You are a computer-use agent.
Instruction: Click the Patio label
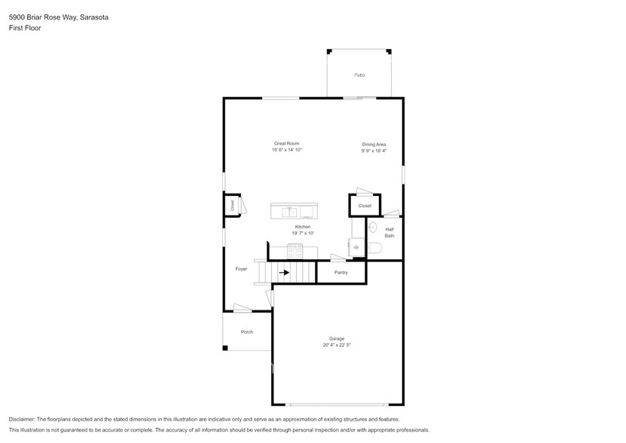pyautogui.click(x=359, y=75)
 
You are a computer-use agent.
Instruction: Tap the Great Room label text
pyautogui.click(x=286, y=143)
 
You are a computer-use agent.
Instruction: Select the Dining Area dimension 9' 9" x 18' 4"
pyautogui.click(x=374, y=151)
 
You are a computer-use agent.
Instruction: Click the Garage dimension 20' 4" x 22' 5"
pyautogui.click(x=336, y=345)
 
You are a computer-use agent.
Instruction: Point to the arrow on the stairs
pyautogui.click(x=286, y=273)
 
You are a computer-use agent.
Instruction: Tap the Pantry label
pyautogui.click(x=340, y=272)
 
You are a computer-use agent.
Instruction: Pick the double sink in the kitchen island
pyautogui.click(x=289, y=212)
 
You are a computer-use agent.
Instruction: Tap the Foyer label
pyautogui.click(x=241, y=268)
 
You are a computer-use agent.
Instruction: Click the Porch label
pyautogui.click(x=246, y=331)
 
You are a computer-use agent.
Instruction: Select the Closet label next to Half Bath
pyautogui.click(x=365, y=206)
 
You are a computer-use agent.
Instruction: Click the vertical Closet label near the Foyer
pyautogui.click(x=233, y=204)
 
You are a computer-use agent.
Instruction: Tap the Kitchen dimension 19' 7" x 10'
pyautogui.click(x=303, y=234)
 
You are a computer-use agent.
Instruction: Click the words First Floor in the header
pyautogui.click(x=25, y=28)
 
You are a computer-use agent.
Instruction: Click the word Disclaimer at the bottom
pyautogui.click(x=22, y=420)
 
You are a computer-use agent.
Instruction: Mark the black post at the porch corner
pyautogui.click(x=225, y=348)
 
